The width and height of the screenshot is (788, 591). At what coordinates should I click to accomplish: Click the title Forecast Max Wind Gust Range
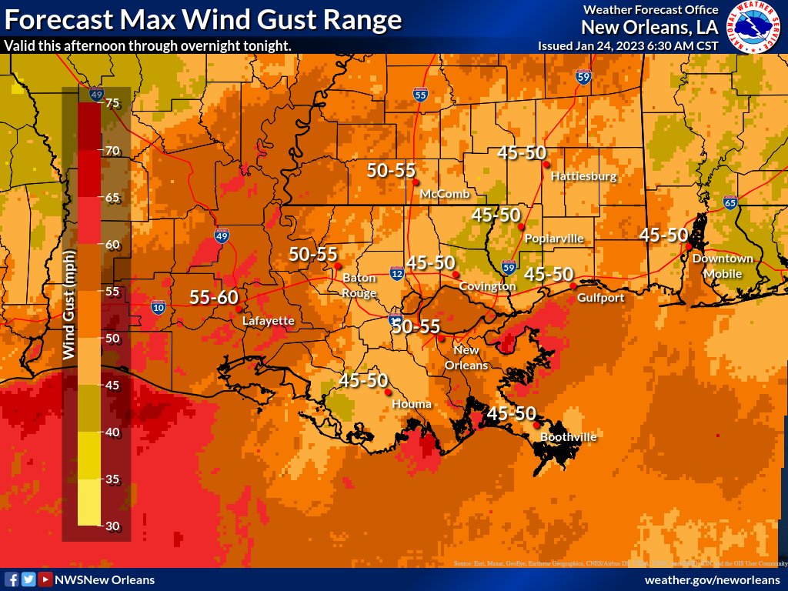click(203, 19)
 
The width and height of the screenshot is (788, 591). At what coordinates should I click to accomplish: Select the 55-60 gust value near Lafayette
click(214, 297)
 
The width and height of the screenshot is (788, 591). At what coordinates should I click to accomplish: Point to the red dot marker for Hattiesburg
click(546, 165)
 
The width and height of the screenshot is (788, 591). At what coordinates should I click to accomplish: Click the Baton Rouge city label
click(359, 285)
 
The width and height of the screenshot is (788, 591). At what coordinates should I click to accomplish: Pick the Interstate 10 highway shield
click(159, 307)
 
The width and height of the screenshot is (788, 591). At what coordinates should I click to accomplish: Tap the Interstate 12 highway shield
click(396, 272)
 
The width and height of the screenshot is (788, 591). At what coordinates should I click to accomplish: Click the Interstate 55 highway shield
click(419, 95)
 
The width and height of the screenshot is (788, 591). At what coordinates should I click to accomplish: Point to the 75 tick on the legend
click(112, 104)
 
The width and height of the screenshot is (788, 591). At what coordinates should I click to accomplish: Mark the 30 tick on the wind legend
click(112, 526)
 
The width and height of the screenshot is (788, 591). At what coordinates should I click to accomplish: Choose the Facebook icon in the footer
click(12, 579)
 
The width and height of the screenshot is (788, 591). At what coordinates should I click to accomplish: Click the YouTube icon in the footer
click(45, 579)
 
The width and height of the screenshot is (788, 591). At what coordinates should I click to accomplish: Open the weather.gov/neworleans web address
click(712, 579)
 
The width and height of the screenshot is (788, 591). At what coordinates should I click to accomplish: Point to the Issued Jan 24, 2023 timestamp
click(628, 45)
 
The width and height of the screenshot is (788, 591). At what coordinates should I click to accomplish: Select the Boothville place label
click(568, 437)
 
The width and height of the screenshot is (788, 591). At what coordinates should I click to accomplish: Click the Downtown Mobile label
click(723, 266)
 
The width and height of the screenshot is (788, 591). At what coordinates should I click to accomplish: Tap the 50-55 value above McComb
click(391, 171)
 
